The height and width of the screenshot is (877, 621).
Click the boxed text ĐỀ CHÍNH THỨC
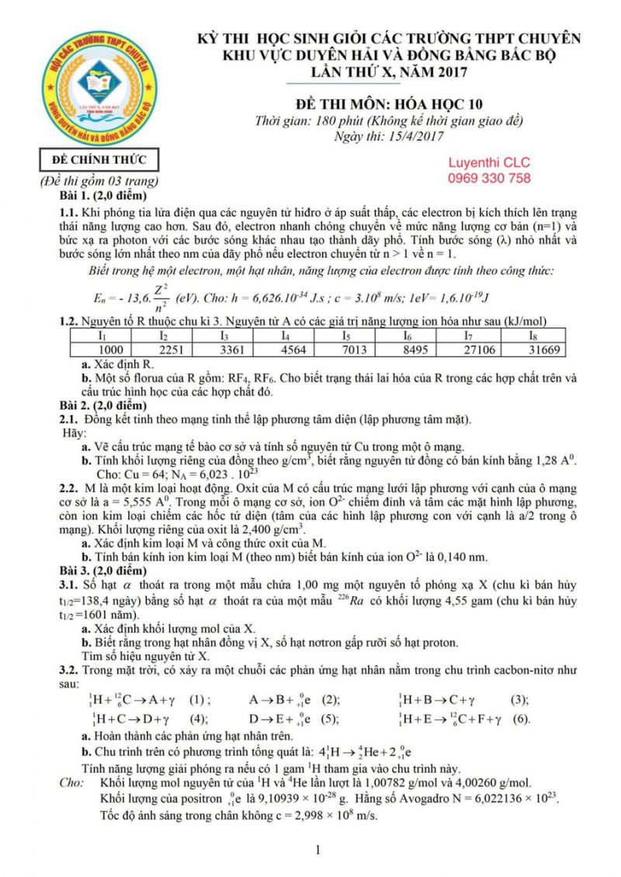click(x=99, y=161)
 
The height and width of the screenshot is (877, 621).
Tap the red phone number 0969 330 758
click(x=489, y=178)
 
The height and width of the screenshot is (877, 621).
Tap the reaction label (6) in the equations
click(x=520, y=719)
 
